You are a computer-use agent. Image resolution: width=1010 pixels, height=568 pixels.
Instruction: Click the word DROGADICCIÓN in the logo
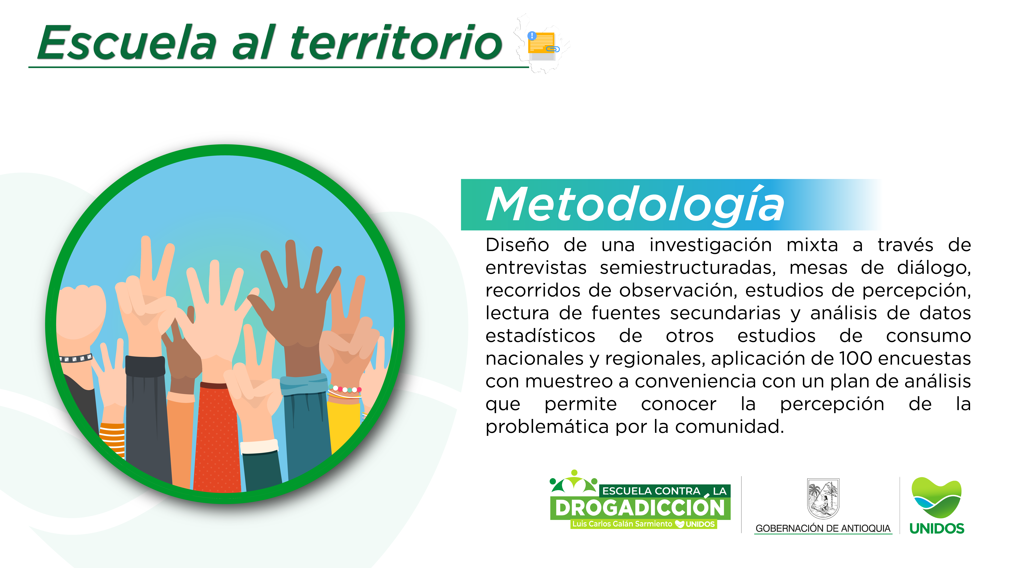640,508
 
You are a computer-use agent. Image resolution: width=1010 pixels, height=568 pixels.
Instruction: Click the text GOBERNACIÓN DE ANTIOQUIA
823,528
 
